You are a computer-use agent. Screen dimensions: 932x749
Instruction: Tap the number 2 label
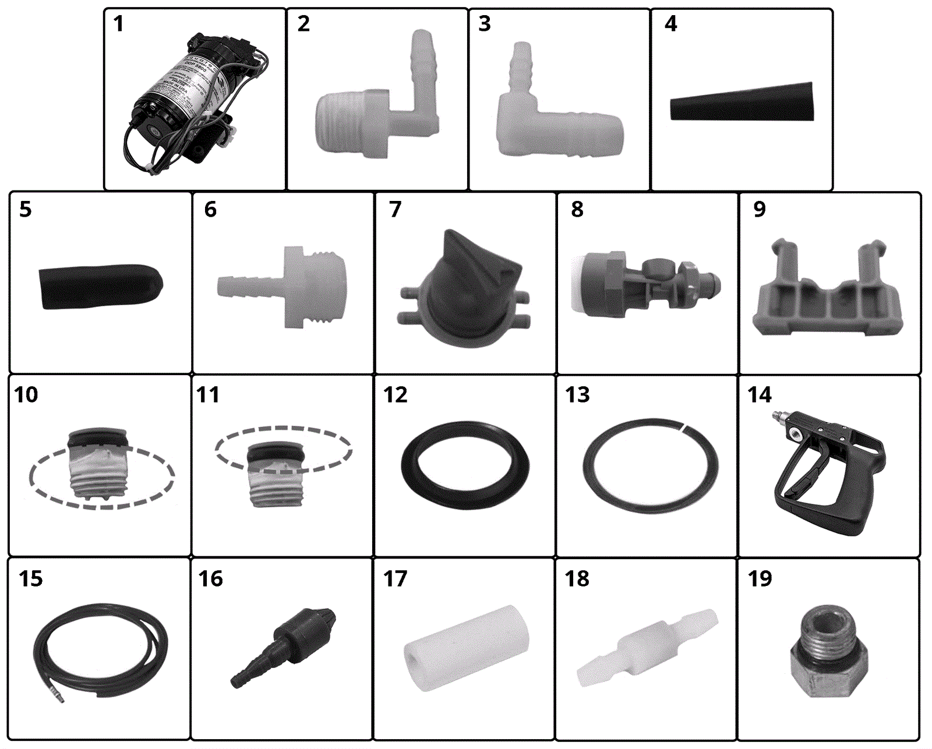[303, 24]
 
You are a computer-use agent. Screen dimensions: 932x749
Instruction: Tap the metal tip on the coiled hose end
[60, 695]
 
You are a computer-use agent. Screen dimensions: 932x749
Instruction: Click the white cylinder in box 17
[466, 646]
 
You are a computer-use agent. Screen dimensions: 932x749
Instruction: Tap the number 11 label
[208, 395]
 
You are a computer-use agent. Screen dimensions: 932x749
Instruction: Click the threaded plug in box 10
[97, 466]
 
